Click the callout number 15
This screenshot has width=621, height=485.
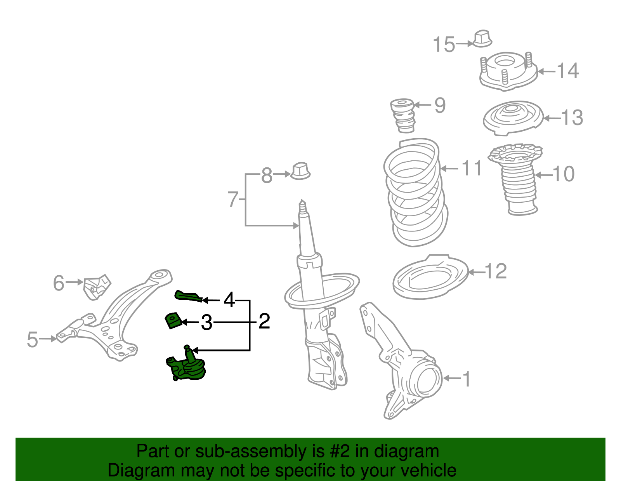click(x=444, y=44)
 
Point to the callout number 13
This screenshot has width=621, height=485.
click(x=572, y=117)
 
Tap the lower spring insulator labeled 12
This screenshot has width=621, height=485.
click(x=430, y=277)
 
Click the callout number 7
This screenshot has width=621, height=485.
click(x=232, y=199)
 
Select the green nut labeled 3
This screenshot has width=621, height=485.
click(x=173, y=320)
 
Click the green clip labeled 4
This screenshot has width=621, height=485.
click(x=188, y=296)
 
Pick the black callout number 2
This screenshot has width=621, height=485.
click(x=264, y=322)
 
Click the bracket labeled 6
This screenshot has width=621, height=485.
click(x=96, y=287)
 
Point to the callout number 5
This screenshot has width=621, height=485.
click(x=33, y=339)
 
